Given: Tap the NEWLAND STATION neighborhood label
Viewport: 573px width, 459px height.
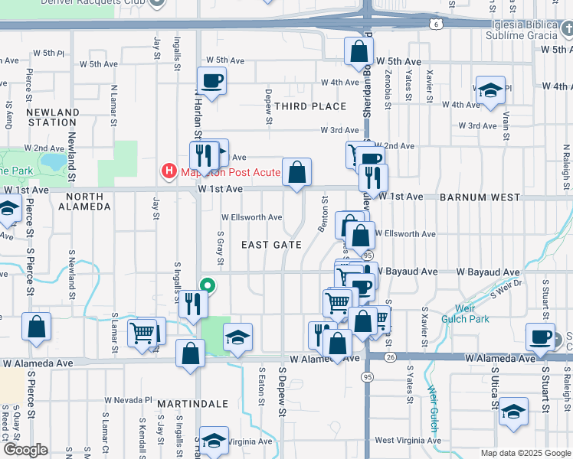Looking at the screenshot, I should pyautogui.click(x=52, y=117).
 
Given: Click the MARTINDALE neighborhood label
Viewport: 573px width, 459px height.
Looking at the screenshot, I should pyautogui.click(x=193, y=403).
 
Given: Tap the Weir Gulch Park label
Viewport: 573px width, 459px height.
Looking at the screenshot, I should pyautogui.click(x=476, y=314).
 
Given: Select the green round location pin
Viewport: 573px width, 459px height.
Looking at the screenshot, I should pyautogui.click(x=207, y=286).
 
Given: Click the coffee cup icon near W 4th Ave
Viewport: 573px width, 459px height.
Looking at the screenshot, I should pyautogui.click(x=211, y=80).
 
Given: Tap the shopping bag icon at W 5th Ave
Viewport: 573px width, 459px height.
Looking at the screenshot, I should pyautogui.click(x=359, y=51).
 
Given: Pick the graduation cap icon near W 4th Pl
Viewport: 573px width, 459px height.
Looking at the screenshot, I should pyautogui.click(x=490, y=90).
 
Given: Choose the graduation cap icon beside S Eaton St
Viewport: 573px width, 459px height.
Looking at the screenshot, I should pyautogui.click(x=238, y=337).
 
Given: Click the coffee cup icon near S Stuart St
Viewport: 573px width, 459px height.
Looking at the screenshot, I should pyautogui.click(x=541, y=337).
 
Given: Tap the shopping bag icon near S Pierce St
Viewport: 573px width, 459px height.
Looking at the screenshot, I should pyautogui.click(x=36, y=327).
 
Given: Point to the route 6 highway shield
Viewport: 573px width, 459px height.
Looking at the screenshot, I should pyautogui.click(x=436, y=25).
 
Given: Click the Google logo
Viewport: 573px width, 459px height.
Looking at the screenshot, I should pyautogui.click(x=25, y=450).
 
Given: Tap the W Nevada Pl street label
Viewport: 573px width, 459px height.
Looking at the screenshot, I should pyautogui.click(x=129, y=400).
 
